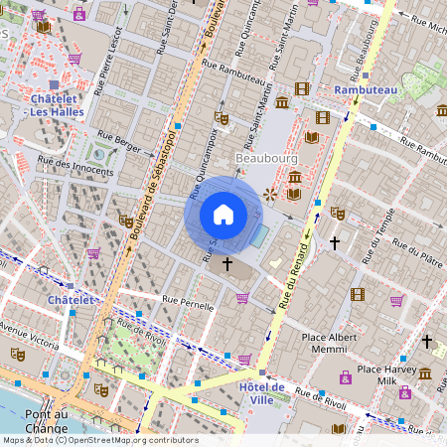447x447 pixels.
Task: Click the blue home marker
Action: click(x=223, y=214)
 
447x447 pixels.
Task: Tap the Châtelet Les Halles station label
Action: click(x=54, y=105)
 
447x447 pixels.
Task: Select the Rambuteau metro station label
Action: click(x=366, y=89)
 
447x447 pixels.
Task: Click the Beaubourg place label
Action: click(x=261, y=157)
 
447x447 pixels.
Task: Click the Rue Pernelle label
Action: click(x=188, y=303)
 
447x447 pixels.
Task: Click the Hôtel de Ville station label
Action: click(x=262, y=392)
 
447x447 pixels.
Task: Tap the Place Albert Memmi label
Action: click(x=329, y=343)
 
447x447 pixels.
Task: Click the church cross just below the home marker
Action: click(x=227, y=263)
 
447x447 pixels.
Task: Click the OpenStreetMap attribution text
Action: click(x=99, y=440)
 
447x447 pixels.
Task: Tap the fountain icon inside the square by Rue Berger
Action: click(x=99, y=152)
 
